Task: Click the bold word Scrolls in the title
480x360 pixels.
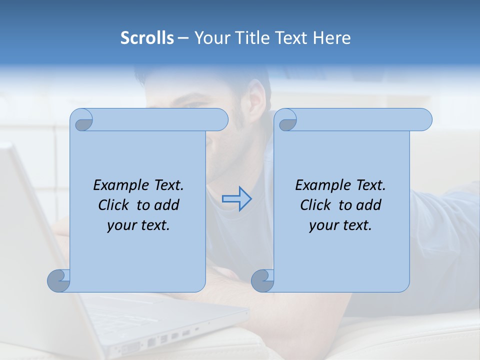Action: (x=147, y=38)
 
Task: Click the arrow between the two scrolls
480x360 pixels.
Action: (x=236, y=199)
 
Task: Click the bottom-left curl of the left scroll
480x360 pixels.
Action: (x=59, y=280)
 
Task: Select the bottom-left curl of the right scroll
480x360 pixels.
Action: (x=262, y=280)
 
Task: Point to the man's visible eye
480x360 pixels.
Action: (x=196, y=104)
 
